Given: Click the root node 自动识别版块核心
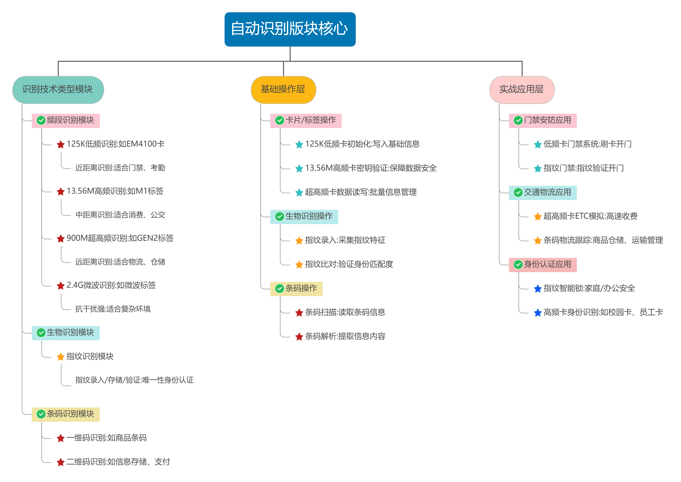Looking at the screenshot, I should coord(290,29).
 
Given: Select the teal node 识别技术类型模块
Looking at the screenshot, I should coord(58,89).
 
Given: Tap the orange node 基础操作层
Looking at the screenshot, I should coord(283,89).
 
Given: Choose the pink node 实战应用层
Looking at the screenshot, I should coord(522,89).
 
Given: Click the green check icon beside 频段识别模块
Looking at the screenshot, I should coord(41,121).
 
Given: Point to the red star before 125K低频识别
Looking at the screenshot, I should coord(61,145).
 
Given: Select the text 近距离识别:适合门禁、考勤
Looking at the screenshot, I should coord(120,168).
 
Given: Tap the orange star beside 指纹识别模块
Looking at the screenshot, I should coord(61,357).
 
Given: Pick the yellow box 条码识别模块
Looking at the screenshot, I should coord(66,414).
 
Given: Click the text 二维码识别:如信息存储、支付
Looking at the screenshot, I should coord(118,462).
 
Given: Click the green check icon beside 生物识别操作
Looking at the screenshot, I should coord(279,217).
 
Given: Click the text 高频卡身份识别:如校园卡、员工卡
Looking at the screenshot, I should coord(603,312).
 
